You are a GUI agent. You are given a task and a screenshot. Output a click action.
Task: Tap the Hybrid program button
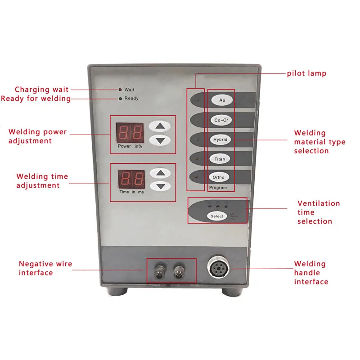coord(221,139)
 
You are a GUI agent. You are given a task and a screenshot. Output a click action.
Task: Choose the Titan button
coord(221,159)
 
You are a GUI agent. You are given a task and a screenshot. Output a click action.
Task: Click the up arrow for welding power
coord(160,126)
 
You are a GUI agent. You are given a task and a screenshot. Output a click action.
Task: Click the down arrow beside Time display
coord(160,186)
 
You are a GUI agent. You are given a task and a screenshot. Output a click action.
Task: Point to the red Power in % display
coord(130,132)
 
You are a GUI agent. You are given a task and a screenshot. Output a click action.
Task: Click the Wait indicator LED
coord(120,90)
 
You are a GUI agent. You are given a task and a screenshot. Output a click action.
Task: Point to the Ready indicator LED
coord(120,99)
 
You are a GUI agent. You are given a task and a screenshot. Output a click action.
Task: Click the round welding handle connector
coord(219,270)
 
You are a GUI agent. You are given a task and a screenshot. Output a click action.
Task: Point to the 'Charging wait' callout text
coord(42,90)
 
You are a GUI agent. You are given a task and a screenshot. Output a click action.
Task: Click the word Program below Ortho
coord(218,187)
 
